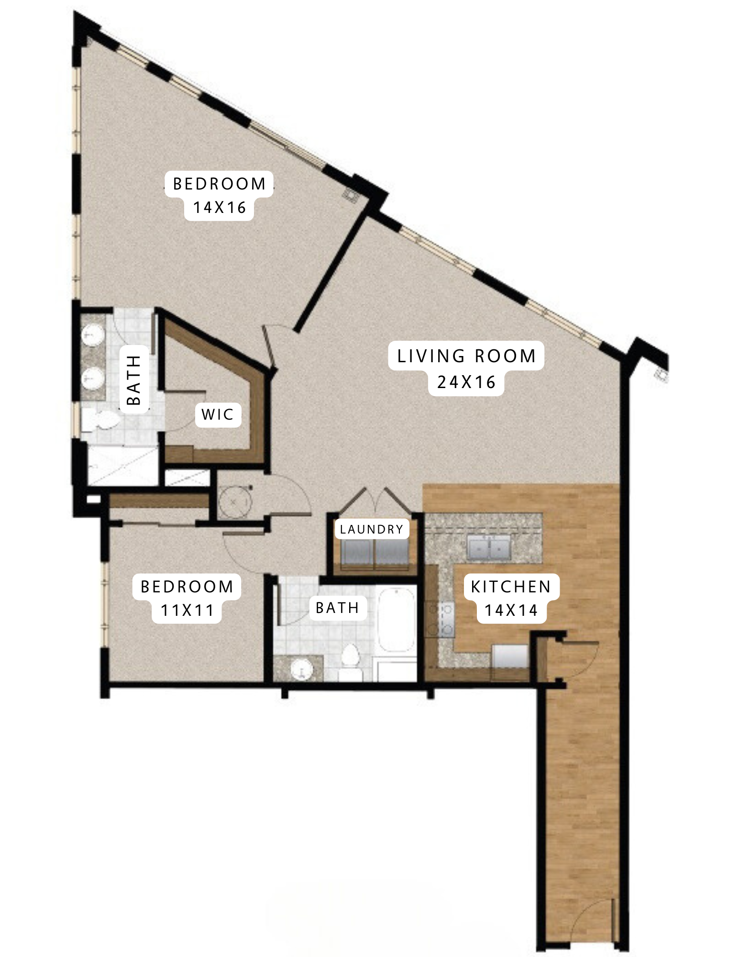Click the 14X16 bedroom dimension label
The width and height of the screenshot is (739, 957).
(x=220, y=208)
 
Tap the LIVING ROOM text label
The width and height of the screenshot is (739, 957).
(x=466, y=356)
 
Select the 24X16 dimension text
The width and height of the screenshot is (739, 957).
(x=466, y=382)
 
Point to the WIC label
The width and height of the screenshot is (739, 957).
(x=218, y=414)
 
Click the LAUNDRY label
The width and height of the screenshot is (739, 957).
(x=372, y=529)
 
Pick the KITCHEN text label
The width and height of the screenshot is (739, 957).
(x=511, y=587)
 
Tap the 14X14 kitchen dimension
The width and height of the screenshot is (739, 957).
(x=511, y=611)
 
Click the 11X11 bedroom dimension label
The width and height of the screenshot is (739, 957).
(x=187, y=611)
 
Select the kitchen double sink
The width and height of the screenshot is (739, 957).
(x=488, y=547)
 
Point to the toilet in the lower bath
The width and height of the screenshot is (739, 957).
(x=351, y=658)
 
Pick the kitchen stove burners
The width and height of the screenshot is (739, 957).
(x=441, y=620)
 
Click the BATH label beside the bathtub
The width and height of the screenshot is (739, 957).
(x=337, y=608)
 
